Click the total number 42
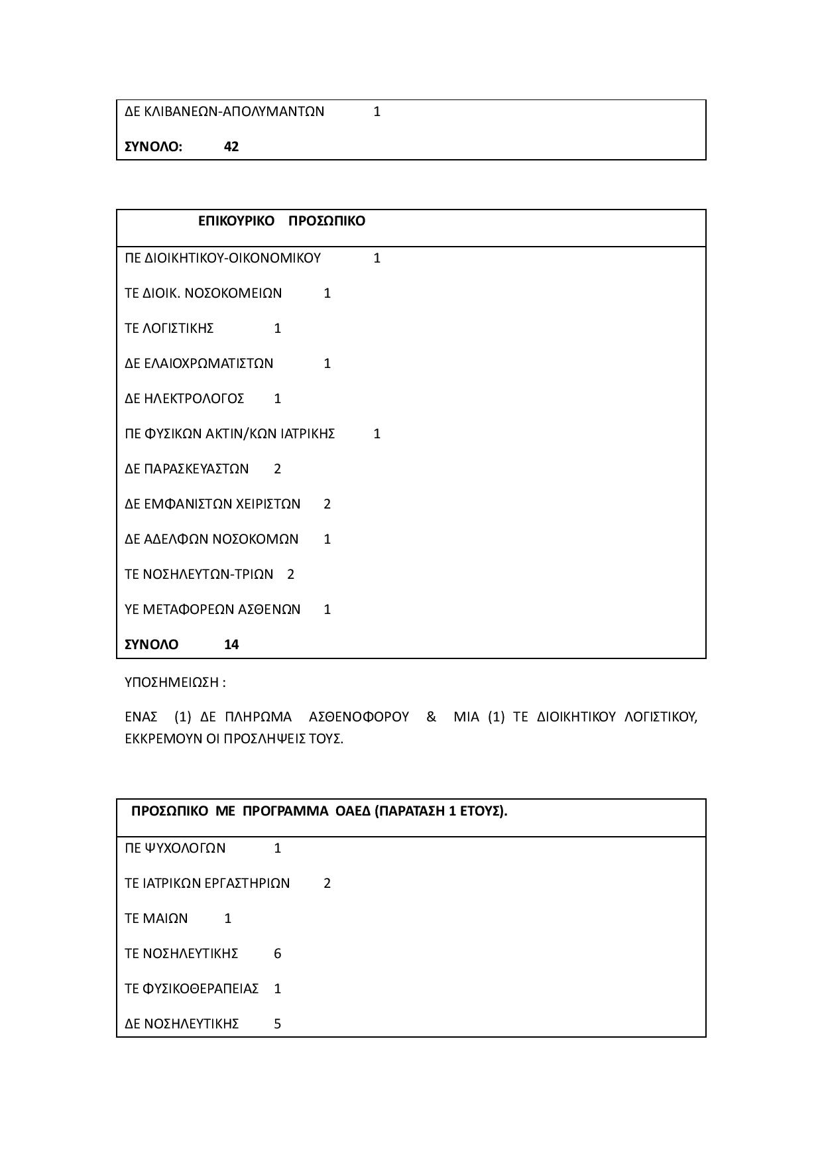pos(231,147)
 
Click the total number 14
pos(231,644)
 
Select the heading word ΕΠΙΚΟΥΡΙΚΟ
pos(236,221)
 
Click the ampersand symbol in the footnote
pos(432,717)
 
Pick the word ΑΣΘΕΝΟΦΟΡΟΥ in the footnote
pos(359,717)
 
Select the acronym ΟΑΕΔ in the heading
pos(351,811)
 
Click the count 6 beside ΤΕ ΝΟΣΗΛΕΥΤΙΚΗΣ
pos(278,953)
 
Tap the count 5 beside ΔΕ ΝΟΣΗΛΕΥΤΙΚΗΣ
pos(278,1024)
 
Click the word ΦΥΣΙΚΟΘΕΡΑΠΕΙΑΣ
pos(200,989)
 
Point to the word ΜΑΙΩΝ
pos(165,918)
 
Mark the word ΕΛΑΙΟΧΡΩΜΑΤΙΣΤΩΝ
pos(208,363)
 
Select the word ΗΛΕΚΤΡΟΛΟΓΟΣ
pos(194,398)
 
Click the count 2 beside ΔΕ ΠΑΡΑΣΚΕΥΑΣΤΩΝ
pos(278,469)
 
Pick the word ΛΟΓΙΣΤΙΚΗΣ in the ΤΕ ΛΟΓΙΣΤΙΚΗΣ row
pos(178,328)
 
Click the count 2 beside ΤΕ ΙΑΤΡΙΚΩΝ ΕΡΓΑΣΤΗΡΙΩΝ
pos(327,883)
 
